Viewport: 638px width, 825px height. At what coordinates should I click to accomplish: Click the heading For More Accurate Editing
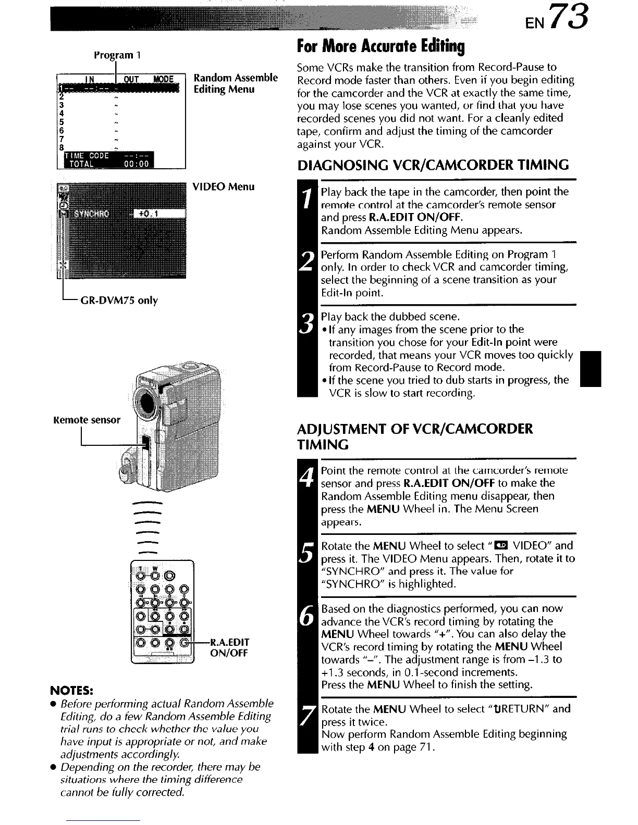pyautogui.click(x=381, y=47)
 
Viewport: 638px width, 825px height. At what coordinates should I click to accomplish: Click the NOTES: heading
pyautogui.click(x=71, y=691)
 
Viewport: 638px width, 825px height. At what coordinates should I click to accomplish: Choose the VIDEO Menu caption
pyautogui.click(x=224, y=186)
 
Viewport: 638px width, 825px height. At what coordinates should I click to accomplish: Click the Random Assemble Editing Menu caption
pyautogui.click(x=235, y=83)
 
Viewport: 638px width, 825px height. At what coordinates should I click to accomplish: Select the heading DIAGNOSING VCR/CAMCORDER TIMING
pyautogui.click(x=433, y=166)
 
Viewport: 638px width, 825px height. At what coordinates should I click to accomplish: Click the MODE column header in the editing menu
pyautogui.click(x=163, y=79)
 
